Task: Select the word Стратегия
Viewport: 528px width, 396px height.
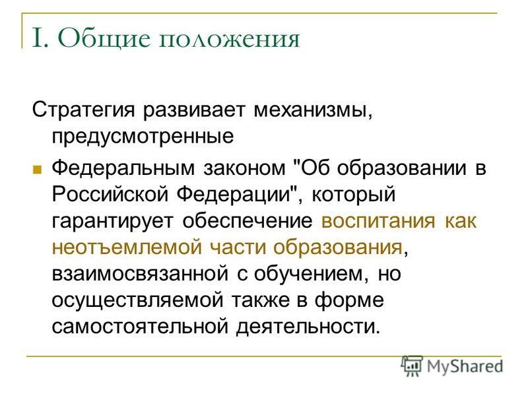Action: click(x=84, y=110)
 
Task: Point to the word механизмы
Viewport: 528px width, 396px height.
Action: click(x=313, y=110)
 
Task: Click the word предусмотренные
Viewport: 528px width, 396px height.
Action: click(x=143, y=137)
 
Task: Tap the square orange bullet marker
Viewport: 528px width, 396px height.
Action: click(x=37, y=169)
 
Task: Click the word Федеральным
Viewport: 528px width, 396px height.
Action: click(x=123, y=168)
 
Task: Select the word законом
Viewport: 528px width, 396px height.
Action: click(x=244, y=168)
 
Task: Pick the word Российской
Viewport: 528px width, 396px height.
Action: click(x=110, y=195)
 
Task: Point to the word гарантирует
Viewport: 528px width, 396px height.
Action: click(x=112, y=222)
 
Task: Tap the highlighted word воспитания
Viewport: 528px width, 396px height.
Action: click(x=378, y=222)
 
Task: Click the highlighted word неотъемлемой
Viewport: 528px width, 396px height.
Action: click(x=127, y=247)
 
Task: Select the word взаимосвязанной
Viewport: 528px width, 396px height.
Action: click(x=140, y=274)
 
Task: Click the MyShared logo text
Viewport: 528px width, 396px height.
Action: click(x=465, y=367)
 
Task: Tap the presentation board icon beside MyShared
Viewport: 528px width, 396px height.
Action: click(x=412, y=366)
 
